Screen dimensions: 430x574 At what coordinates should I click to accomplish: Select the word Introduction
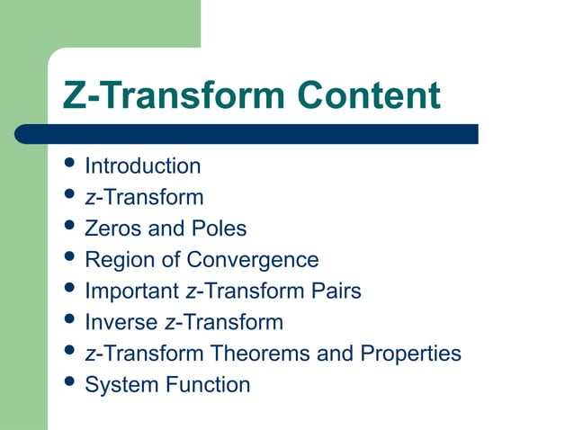[142, 166]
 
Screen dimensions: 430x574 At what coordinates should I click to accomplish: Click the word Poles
[217, 228]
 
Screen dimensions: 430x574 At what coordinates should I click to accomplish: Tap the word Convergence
[253, 260]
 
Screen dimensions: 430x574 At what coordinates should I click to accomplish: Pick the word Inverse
[121, 322]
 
